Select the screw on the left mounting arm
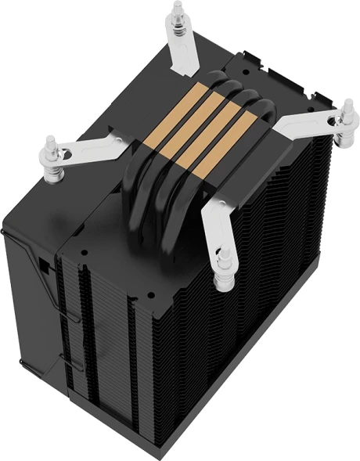50,146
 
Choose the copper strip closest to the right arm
235,125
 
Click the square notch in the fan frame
44,265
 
